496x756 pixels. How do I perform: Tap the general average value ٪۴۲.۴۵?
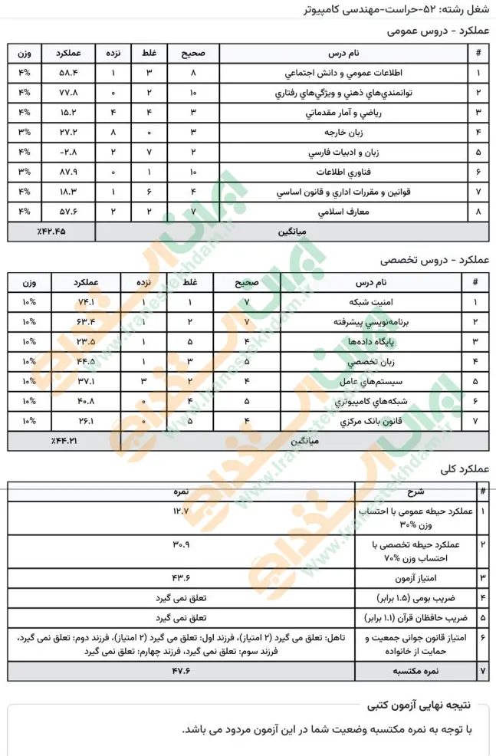point(51,231)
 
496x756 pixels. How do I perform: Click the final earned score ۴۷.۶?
point(181,671)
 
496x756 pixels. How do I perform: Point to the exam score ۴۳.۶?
point(182,574)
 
